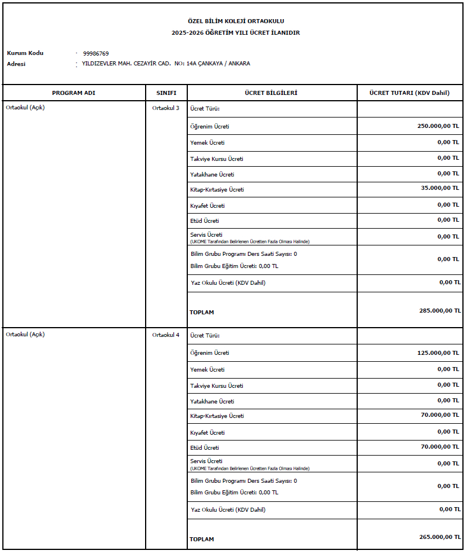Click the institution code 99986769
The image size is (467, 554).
(95, 53)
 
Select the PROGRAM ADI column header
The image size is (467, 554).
(73, 93)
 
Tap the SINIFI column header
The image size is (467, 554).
(166, 93)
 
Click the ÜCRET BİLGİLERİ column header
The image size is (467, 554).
(271, 93)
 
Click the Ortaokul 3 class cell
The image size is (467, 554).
(166, 108)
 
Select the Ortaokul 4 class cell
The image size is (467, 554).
(166, 335)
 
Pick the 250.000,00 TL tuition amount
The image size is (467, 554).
(438, 126)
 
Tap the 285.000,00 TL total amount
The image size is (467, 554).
(440, 310)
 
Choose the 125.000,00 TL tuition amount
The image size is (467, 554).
(438, 353)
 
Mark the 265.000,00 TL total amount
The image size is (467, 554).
(440, 537)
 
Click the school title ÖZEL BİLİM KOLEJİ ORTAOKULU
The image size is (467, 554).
(235, 21)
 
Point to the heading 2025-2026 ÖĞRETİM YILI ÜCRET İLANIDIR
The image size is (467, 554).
(235, 33)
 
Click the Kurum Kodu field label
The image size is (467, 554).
(25, 53)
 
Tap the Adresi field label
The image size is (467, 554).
(16, 64)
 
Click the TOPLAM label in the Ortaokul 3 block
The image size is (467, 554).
(202, 313)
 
